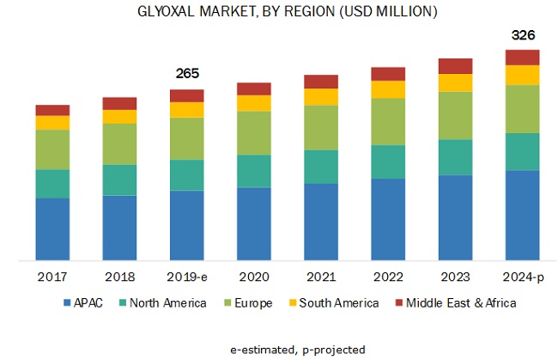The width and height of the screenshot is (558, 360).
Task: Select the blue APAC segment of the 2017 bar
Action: click(52, 229)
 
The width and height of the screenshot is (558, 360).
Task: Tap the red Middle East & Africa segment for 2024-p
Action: click(523, 58)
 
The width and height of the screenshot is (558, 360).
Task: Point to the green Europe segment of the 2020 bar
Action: click(254, 132)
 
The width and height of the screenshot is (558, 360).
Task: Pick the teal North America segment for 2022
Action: click(388, 162)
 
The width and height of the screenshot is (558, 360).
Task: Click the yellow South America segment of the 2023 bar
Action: click(456, 82)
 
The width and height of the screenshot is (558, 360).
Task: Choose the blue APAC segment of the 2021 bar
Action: click(321, 221)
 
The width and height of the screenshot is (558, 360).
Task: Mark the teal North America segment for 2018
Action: click(119, 180)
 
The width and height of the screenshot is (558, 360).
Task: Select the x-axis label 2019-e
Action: click(186, 277)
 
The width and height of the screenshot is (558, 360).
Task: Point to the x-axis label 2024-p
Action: click(523, 277)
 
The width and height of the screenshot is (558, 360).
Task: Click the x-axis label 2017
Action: click(52, 277)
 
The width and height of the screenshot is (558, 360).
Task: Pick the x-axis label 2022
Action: click(388, 277)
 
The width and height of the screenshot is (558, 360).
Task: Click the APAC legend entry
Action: click(82, 303)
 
